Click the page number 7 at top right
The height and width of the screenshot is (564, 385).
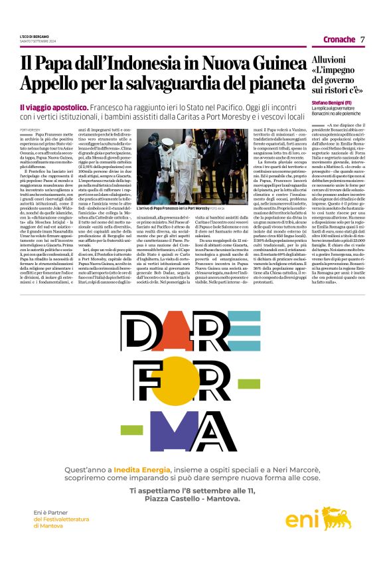[x=362, y=39]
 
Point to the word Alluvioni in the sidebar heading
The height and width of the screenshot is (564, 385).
[x=329, y=60]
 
